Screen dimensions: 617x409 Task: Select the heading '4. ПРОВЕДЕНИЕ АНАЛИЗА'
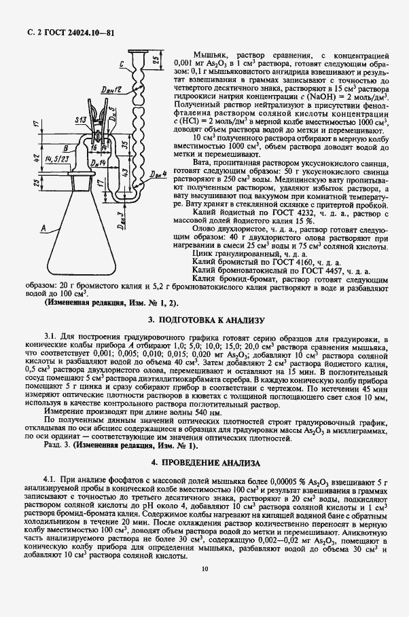click(204, 463)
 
